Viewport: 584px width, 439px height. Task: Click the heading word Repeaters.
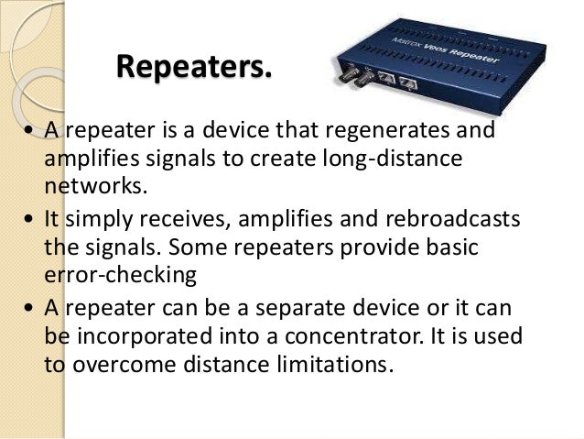(195, 66)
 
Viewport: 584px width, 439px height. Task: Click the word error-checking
(120, 276)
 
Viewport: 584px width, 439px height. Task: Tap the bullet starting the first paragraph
(30, 131)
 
